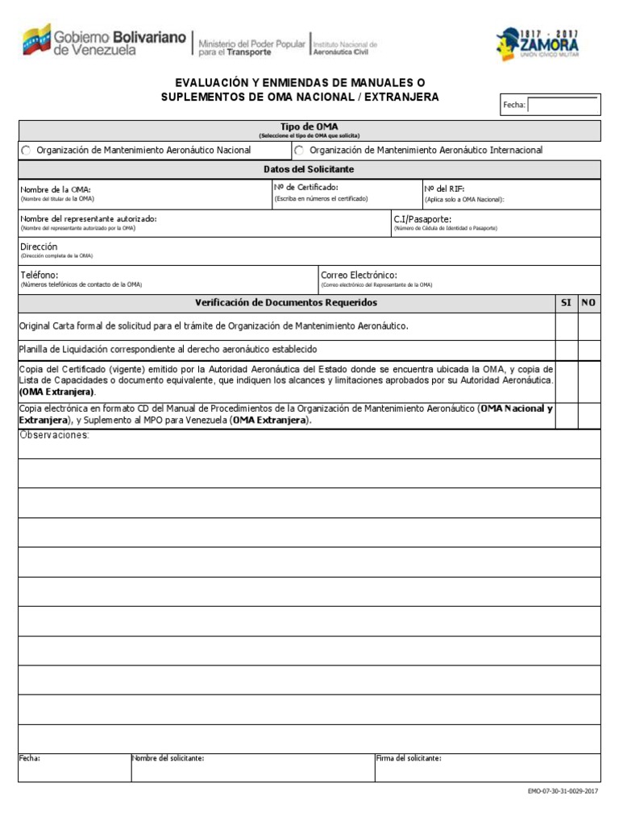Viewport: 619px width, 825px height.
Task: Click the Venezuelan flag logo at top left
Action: tap(36, 39)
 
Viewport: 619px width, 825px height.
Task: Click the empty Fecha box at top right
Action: tap(563, 105)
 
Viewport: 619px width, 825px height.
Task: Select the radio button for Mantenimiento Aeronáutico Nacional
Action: tap(26, 151)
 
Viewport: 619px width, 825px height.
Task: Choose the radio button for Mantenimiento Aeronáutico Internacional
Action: tap(299, 151)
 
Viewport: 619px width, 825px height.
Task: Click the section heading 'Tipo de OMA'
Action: tap(309, 126)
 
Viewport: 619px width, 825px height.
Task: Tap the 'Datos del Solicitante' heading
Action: tap(309, 169)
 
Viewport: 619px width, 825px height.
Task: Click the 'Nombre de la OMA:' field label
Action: tap(50, 189)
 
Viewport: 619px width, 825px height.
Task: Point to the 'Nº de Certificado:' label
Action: tap(306, 188)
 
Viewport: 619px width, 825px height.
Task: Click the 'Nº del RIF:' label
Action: tap(444, 189)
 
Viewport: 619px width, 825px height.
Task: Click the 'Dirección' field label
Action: tap(39, 247)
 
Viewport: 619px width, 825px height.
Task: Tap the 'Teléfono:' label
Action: tap(39, 275)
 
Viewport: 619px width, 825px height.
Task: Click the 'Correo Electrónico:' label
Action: tap(359, 275)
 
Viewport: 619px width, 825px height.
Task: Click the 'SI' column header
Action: tap(566, 303)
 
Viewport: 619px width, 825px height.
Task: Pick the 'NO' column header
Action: tap(588, 303)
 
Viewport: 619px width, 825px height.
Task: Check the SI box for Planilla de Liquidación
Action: tap(566, 350)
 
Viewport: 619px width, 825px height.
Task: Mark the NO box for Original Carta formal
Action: tap(589, 326)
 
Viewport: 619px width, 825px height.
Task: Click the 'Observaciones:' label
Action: tap(55, 435)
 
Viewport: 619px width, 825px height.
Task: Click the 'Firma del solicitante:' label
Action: tap(409, 758)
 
